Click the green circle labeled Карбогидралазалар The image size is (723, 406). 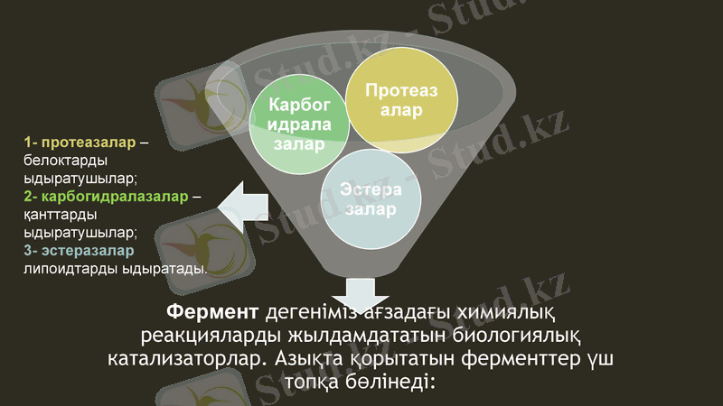[x=299, y=123]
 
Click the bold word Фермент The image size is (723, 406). [x=212, y=313]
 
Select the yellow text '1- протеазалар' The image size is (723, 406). [x=80, y=143]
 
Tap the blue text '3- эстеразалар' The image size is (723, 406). [x=79, y=250]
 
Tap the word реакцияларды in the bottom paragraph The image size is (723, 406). [x=212, y=336]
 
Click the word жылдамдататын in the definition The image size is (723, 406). [x=367, y=336]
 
